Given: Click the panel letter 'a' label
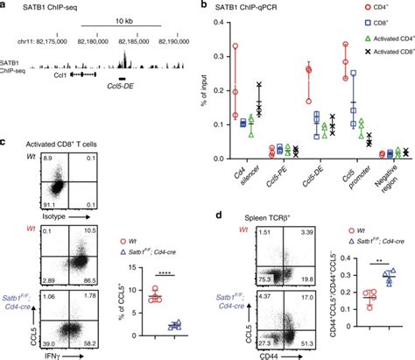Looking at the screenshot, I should tap(4, 6).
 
